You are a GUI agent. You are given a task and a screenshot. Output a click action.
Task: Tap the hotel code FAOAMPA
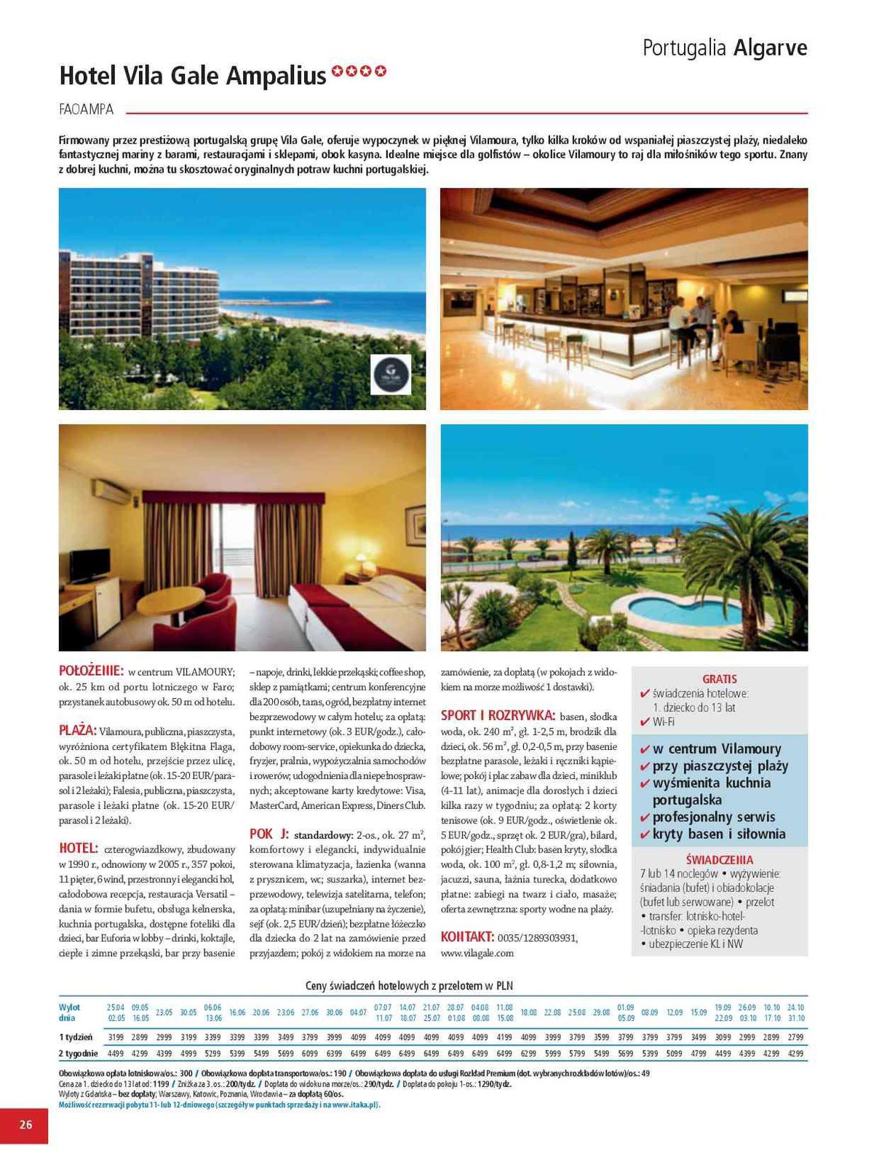pyautogui.click(x=86, y=109)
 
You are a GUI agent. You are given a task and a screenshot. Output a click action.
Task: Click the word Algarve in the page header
pyautogui.click(x=770, y=48)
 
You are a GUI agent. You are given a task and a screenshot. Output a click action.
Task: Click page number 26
pyautogui.click(x=25, y=1124)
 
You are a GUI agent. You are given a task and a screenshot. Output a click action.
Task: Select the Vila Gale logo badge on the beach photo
pyautogui.click(x=391, y=374)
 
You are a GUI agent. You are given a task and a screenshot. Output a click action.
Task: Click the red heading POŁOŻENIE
pyautogui.click(x=91, y=671)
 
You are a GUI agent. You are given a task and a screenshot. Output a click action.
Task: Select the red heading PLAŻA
pyautogui.click(x=77, y=730)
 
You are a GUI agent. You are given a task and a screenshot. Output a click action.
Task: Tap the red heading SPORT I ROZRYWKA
pyautogui.click(x=498, y=715)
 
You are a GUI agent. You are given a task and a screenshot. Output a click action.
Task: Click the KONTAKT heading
pyautogui.click(x=467, y=936)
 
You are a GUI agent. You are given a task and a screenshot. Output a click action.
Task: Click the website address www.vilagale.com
pyautogui.click(x=477, y=952)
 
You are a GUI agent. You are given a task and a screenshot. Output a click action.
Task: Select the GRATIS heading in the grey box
pyautogui.click(x=719, y=679)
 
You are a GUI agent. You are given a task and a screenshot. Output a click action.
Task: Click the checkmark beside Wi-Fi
pyautogui.click(x=644, y=722)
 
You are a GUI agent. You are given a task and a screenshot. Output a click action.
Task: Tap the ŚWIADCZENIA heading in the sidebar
pyautogui.click(x=719, y=859)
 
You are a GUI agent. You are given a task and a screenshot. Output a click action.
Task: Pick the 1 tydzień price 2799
pyautogui.click(x=795, y=1037)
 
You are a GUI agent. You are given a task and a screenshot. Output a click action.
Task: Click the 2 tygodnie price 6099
pyautogui.click(x=309, y=1053)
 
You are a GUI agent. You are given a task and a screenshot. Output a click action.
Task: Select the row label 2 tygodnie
pyautogui.click(x=78, y=1053)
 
